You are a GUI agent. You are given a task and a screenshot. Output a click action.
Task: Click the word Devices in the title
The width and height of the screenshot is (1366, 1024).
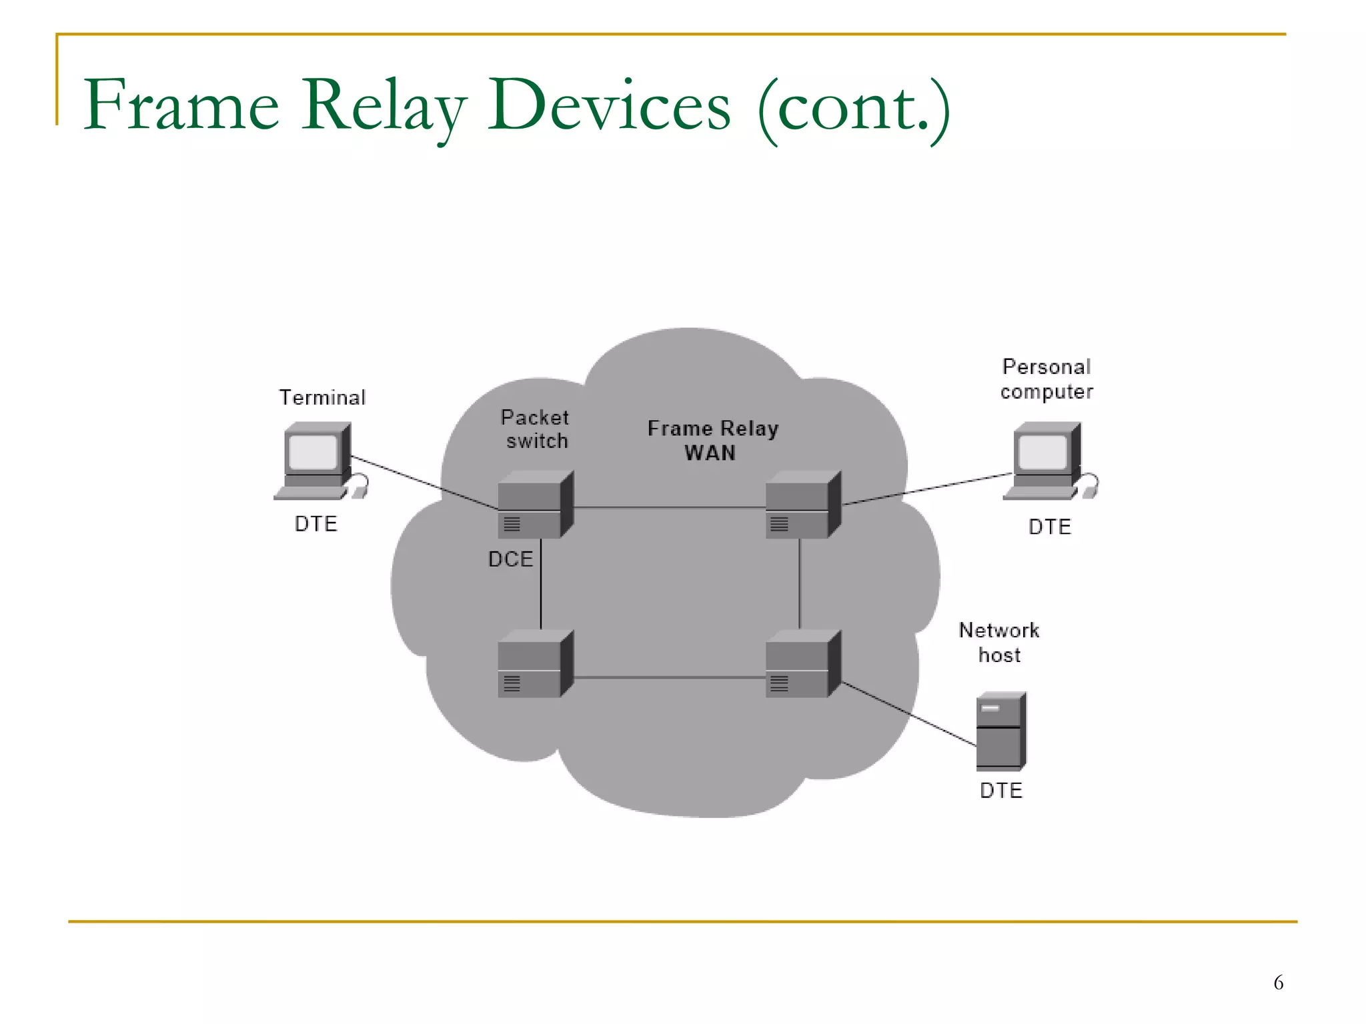609,105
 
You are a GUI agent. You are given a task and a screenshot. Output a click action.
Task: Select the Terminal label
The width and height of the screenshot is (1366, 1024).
322,397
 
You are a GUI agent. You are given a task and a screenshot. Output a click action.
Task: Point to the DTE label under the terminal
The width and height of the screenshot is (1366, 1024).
316,524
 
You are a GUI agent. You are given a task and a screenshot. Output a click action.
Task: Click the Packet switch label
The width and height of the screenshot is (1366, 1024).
536,429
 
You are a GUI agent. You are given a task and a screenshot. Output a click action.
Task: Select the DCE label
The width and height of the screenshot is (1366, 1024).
510,559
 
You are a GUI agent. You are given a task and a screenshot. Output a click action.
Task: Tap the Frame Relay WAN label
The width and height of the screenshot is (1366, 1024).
712,440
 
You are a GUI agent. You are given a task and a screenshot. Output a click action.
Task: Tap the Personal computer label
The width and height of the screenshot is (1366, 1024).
1047,379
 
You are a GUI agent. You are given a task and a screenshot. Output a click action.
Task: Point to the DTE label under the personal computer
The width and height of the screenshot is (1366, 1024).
1050,527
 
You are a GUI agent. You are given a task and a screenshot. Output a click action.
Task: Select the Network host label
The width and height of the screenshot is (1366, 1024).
999,642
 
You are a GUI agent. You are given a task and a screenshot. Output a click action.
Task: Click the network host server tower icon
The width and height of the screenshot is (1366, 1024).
1000,731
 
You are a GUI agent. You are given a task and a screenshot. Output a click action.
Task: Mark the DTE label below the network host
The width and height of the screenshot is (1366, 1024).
1000,790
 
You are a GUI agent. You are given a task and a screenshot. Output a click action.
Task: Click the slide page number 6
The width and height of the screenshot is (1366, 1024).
1278,983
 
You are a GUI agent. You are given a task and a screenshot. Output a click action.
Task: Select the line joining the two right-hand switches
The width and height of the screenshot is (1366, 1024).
800,584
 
